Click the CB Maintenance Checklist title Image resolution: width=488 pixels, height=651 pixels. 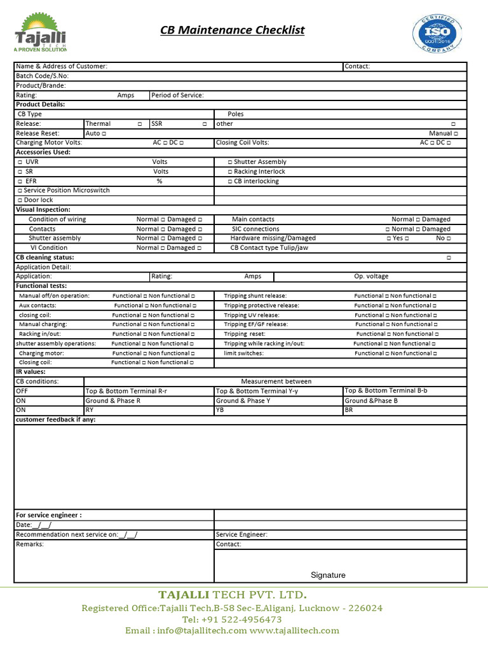click(232, 30)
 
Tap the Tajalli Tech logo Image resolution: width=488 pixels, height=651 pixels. click(40, 33)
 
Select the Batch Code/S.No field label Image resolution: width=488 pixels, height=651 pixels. click(42, 76)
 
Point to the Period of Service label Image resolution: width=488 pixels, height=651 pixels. click(178, 95)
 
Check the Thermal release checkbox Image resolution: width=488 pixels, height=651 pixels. click(140, 124)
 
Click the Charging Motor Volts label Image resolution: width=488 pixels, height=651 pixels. click(49, 143)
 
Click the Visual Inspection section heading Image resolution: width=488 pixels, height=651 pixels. click(43, 210)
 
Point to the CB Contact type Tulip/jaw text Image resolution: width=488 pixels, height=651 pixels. click(269, 248)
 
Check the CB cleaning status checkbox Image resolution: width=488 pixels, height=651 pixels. click(449, 257)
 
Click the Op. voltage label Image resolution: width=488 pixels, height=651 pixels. click(371, 277)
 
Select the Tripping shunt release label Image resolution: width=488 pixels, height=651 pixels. click(255, 296)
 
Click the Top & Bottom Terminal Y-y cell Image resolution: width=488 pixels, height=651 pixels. click(257, 391)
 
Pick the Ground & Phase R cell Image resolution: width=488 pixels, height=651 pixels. click(113, 401)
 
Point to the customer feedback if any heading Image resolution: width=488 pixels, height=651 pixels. click(55, 420)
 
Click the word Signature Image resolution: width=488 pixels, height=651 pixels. click(328, 575)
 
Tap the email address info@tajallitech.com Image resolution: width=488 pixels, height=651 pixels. click(186, 631)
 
